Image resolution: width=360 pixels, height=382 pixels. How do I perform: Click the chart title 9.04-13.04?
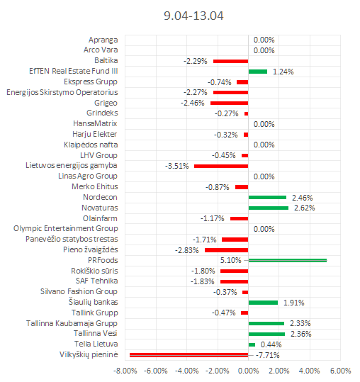[x=193, y=16]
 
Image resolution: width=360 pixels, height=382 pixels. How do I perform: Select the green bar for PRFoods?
[x=288, y=260]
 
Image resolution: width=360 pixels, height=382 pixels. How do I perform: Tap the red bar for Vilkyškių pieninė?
[x=189, y=355]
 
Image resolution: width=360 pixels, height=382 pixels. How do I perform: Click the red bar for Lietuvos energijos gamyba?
[x=221, y=166]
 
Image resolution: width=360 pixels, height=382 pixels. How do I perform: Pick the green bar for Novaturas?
[x=269, y=208]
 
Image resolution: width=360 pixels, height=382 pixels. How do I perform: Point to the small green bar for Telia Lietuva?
[x=252, y=344]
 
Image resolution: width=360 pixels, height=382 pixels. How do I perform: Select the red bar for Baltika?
[x=230, y=61]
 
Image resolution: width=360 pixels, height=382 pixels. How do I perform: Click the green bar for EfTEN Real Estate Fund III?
[x=258, y=72]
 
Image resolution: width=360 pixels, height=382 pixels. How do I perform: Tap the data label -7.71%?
[x=268, y=355]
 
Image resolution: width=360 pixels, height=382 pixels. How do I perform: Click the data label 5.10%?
[x=230, y=260]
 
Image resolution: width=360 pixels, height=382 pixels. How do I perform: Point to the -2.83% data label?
[x=187, y=250]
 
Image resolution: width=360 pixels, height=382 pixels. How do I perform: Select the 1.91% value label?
[x=294, y=303]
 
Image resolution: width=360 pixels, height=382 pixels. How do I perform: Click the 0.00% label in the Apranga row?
[x=264, y=40]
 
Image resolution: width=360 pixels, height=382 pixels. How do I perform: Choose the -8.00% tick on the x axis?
[x=125, y=371]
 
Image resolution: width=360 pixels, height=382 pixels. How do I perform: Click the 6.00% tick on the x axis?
[x=341, y=371]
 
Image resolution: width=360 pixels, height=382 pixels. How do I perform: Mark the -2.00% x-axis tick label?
[x=218, y=371]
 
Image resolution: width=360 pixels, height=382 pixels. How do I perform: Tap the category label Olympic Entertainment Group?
[x=66, y=228]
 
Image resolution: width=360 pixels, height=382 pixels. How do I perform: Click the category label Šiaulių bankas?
[x=94, y=302]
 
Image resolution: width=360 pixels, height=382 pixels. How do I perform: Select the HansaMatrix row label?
[x=95, y=123]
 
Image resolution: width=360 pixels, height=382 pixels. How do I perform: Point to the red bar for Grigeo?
[x=229, y=103]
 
